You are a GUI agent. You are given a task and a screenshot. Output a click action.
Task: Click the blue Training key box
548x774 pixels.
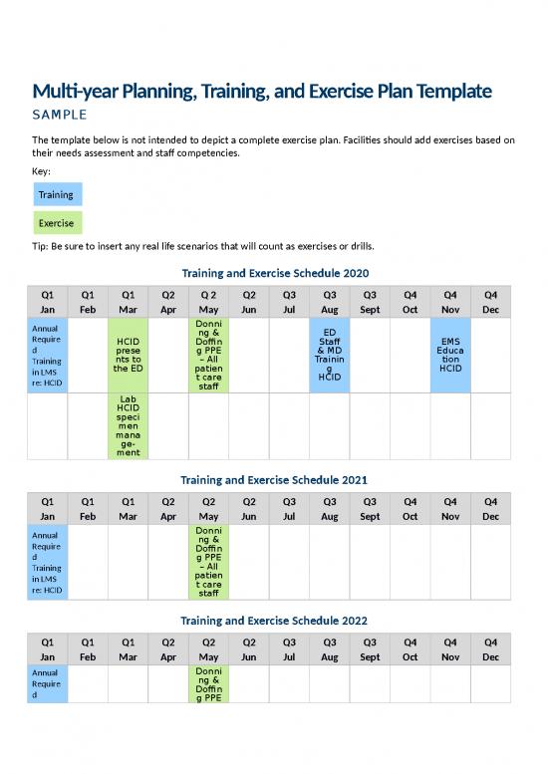click(56, 194)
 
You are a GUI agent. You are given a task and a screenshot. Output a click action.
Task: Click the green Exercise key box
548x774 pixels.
click(56, 223)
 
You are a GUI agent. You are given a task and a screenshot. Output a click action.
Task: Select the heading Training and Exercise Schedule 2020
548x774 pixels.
click(274, 272)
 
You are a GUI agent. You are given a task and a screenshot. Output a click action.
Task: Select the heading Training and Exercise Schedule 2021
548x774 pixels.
click(274, 479)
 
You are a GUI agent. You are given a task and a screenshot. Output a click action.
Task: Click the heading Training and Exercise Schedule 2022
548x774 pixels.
click(274, 620)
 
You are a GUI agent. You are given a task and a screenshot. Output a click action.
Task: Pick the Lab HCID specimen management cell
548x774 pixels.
click(128, 426)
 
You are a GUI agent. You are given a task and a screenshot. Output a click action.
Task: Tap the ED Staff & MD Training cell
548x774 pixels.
click(330, 356)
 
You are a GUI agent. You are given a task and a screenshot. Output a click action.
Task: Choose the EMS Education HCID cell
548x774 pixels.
click(450, 356)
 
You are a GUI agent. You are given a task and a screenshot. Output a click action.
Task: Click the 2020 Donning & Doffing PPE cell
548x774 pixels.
click(208, 356)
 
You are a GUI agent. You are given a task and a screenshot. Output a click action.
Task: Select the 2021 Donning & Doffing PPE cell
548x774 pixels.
click(208, 563)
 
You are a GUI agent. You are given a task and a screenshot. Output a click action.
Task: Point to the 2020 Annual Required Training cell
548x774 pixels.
click(47, 356)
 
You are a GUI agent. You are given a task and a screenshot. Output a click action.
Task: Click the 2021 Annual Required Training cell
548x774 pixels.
click(47, 563)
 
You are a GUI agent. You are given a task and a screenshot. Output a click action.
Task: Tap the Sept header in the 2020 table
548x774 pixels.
click(370, 310)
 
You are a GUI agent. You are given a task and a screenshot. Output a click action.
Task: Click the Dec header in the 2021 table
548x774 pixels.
click(490, 517)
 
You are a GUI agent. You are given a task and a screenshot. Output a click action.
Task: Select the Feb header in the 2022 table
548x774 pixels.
click(88, 657)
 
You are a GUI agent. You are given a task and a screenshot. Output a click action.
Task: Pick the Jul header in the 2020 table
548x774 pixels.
click(289, 310)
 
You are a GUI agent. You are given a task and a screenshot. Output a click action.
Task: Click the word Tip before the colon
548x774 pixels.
click(41, 247)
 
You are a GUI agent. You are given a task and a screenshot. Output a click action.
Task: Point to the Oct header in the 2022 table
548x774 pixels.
click(410, 657)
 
